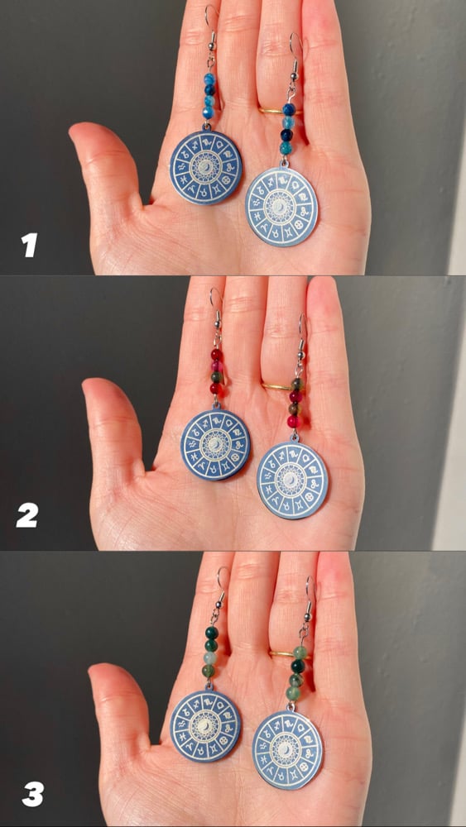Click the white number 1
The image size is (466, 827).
pyautogui.click(x=30, y=246)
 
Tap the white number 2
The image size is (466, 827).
pyautogui.click(x=27, y=516)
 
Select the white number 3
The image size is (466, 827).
pyautogui.click(x=32, y=795)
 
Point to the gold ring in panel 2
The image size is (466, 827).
pyautogui.click(x=276, y=386)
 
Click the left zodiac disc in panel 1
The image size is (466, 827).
pyautogui.click(x=206, y=168)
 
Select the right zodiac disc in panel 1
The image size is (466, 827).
pyautogui.click(x=281, y=207)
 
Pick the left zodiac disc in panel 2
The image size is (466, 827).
pyautogui.click(x=215, y=445)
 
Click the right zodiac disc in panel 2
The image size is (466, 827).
pyautogui.click(x=292, y=480)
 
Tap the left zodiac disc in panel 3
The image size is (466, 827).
pyautogui.click(x=205, y=726)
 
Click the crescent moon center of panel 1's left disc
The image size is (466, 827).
pyautogui.click(x=206, y=168)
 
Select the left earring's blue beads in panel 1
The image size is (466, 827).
pyautogui.click(x=209, y=96)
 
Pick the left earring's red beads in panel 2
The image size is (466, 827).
pyautogui.click(x=216, y=371)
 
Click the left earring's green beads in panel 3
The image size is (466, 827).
pyautogui.click(x=210, y=652)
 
